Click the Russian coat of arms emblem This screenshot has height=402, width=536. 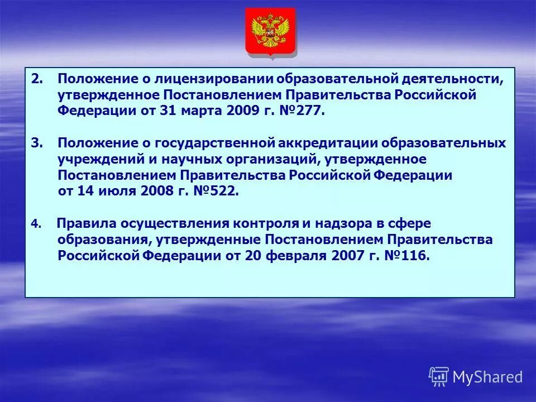tap(270, 31)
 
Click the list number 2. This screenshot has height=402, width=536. tap(36, 80)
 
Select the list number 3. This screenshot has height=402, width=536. tap(36, 143)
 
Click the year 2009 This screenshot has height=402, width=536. tap(244, 111)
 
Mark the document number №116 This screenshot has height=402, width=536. tap(408, 256)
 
